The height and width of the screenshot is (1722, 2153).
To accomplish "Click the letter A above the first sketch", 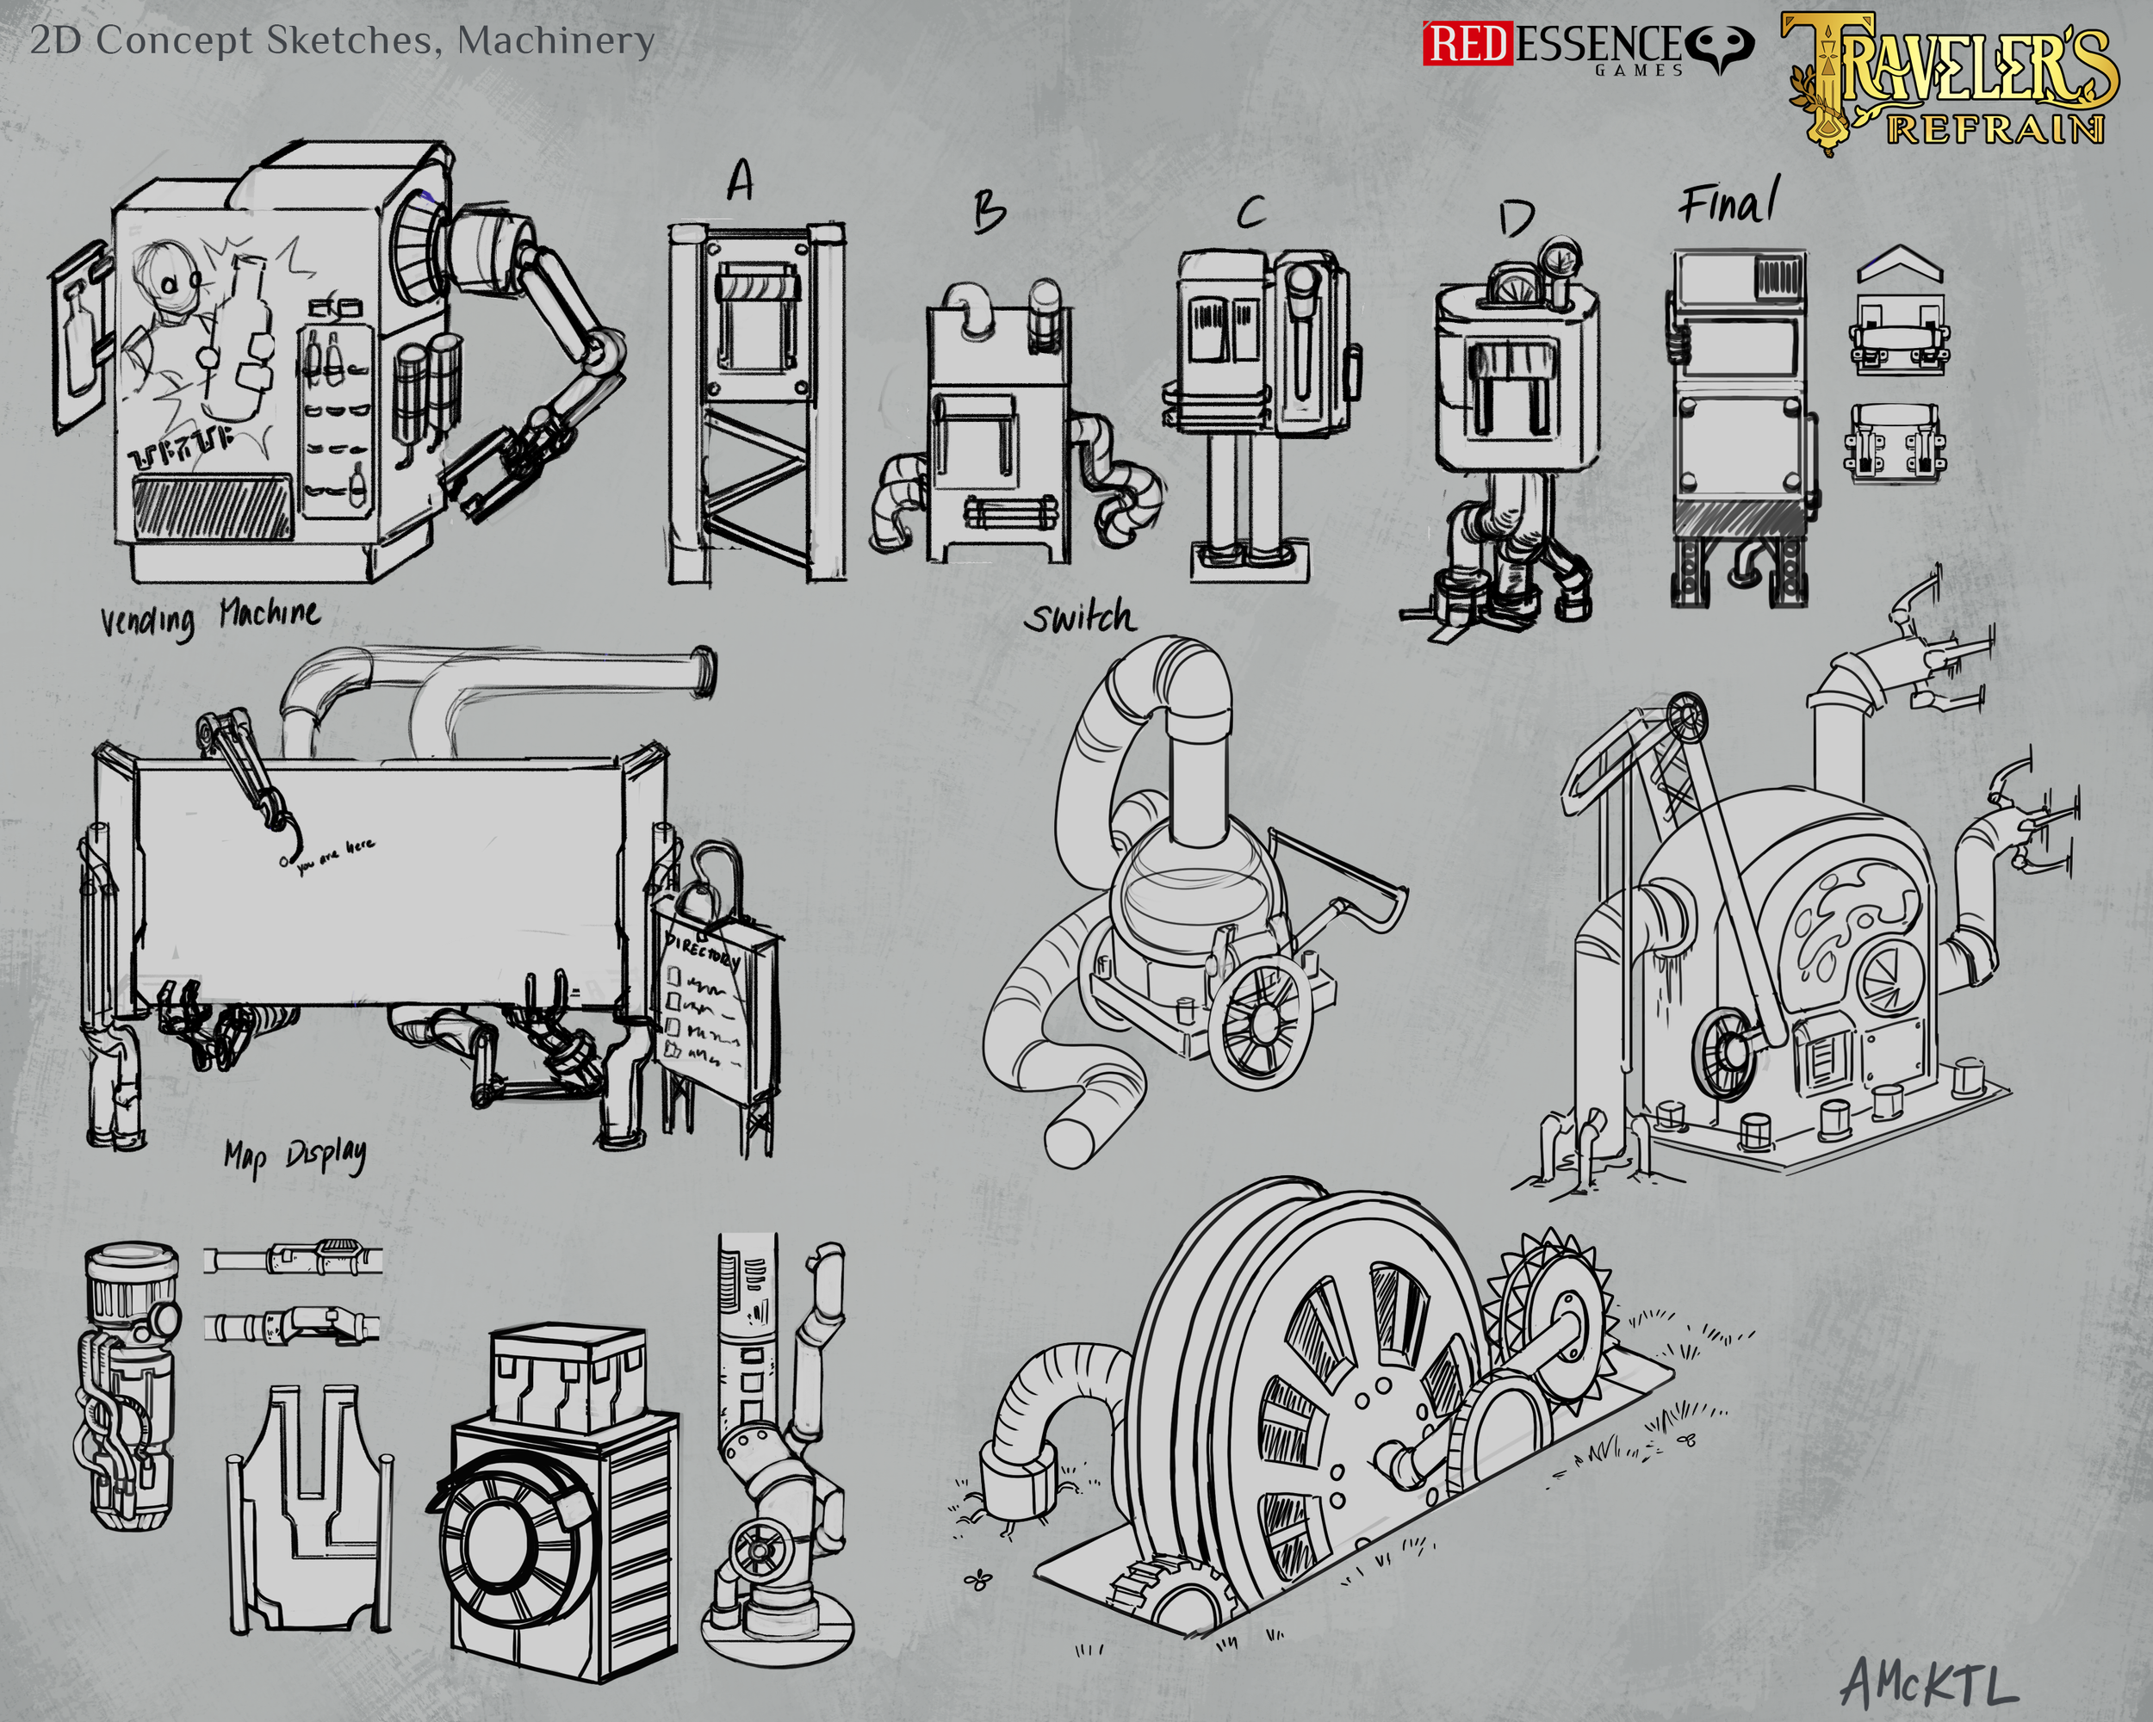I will point(740,183).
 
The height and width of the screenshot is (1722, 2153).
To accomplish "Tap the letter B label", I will point(989,212).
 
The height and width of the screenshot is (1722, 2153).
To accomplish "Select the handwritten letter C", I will point(1250,212).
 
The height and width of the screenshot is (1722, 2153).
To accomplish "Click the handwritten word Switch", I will point(1079,618).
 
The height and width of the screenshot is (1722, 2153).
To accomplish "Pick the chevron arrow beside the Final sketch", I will point(1899,267).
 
